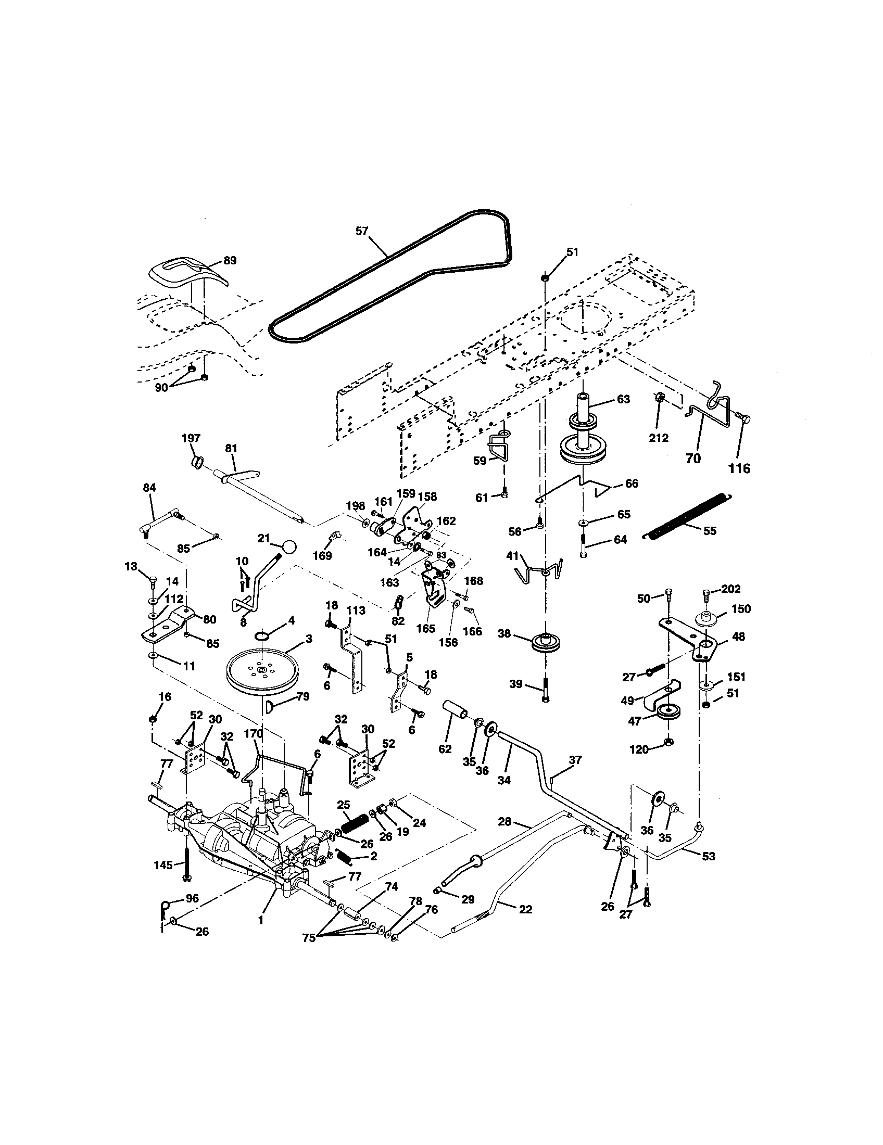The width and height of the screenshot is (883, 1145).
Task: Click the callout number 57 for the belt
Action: click(362, 231)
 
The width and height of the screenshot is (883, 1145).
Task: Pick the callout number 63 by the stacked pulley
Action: click(623, 399)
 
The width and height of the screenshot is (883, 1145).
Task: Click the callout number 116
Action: click(739, 468)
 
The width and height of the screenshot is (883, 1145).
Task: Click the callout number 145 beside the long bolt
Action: click(163, 864)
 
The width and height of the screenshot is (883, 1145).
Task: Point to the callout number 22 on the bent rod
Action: click(525, 909)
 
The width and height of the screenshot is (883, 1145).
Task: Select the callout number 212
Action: click(659, 437)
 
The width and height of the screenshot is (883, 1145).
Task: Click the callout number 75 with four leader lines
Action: click(309, 938)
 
